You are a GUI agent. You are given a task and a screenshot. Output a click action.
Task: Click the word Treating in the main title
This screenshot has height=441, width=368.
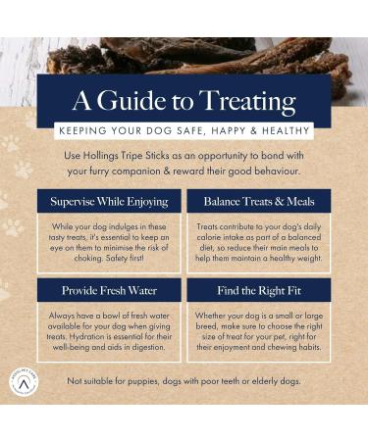247,101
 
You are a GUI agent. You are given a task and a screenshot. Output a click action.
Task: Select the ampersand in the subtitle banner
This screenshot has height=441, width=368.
253,131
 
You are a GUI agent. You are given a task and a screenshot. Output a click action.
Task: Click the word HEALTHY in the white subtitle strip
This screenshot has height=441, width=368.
286,131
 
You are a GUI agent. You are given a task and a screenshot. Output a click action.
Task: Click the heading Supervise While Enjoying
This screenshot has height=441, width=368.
109,202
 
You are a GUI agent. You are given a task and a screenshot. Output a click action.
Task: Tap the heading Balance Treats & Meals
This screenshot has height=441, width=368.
259,201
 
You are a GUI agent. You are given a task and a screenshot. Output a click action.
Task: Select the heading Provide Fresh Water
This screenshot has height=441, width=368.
109,290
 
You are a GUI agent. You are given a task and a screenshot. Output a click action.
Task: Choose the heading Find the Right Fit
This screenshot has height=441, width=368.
259,290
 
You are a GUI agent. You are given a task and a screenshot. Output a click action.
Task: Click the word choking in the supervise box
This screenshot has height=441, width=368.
88,258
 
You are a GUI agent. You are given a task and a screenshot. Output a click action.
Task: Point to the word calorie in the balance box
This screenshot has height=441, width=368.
208,237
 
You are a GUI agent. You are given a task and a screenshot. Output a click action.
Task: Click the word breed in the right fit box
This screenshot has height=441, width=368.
206,326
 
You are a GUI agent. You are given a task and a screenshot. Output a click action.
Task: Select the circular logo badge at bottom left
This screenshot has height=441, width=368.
24,382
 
